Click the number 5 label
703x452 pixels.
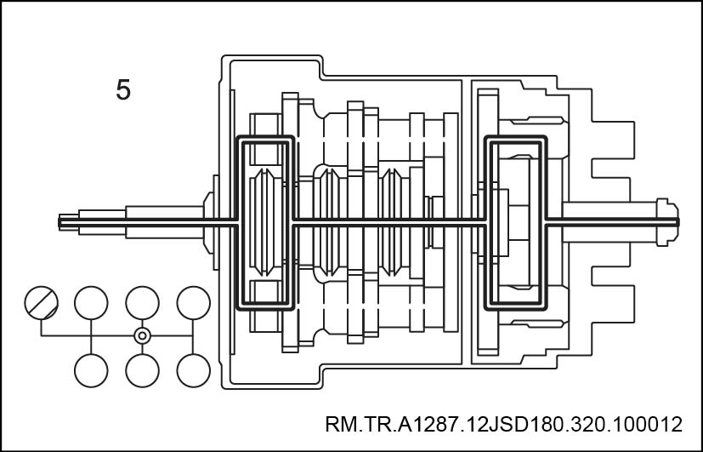(x=123, y=89)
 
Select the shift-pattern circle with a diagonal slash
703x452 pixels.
(x=42, y=303)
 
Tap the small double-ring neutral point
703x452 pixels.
(x=142, y=335)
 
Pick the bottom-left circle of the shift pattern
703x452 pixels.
(x=91, y=370)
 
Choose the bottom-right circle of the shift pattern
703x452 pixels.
(x=193, y=370)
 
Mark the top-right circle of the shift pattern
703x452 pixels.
(x=193, y=303)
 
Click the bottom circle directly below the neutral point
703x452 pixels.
(x=142, y=370)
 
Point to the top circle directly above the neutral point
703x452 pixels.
(x=142, y=303)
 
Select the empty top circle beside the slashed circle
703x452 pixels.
(x=91, y=303)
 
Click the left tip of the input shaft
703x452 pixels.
(x=59, y=221)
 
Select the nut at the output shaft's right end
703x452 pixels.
(x=667, y=221)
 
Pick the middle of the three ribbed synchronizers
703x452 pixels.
(x=329, y=222)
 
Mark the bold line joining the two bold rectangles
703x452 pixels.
(x=389, y=221)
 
